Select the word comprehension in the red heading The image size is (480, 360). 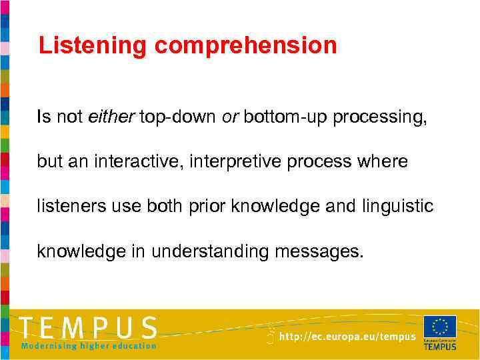pos(246,46)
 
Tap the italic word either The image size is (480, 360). pos(111,117)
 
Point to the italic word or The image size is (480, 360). pos(231,117)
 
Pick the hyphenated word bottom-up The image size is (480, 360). pos(286,118)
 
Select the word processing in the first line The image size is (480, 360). pos(380,118)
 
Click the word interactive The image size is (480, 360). pos(139,162)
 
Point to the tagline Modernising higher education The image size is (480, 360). pos(89,346)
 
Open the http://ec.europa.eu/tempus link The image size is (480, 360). pos(347,337)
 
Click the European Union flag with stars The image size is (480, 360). pos(440,327)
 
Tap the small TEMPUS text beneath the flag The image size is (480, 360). pos(440,346)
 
